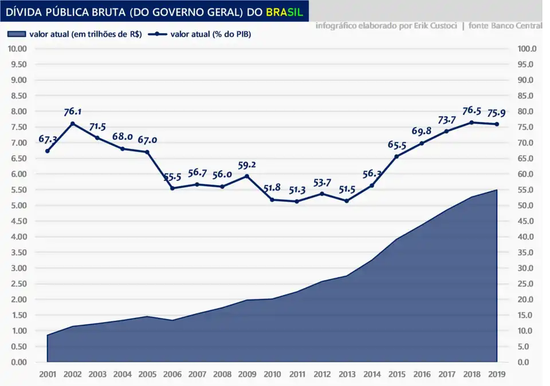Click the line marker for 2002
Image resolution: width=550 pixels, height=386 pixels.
point(72,124)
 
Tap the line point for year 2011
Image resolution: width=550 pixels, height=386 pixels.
point(297,202)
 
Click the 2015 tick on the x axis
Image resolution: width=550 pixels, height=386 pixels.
point(396,374)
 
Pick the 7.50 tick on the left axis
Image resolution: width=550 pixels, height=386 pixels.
point(18,127)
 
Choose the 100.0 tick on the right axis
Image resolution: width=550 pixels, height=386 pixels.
point(526,49)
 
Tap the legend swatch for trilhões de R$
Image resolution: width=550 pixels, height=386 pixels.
point(17,34)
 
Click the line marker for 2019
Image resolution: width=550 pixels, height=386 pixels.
point(497,124)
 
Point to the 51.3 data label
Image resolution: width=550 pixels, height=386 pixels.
point(297,191)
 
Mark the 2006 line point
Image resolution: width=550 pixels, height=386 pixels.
point(172,188)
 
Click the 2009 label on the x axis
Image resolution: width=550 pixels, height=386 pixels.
point(247,374)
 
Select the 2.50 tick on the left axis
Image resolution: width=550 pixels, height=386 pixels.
point(18,283)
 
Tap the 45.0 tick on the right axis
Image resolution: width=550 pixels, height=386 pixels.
point(526,221)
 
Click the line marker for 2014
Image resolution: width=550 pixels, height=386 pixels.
point(372,186)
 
